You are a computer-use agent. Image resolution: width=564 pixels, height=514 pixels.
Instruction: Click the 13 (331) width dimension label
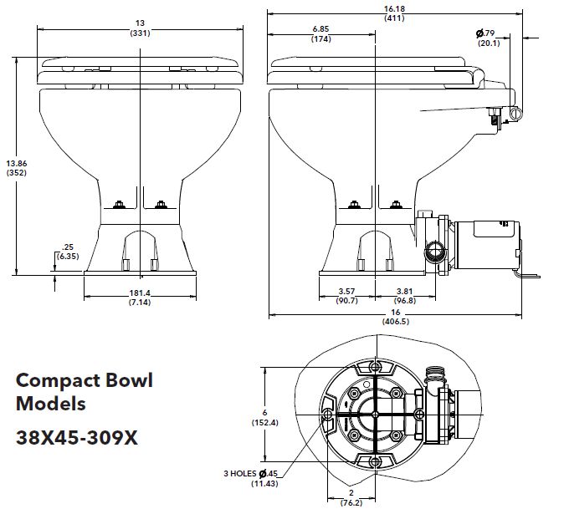point(140,29)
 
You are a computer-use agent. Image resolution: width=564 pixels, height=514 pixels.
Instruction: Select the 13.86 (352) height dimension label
point(16,167)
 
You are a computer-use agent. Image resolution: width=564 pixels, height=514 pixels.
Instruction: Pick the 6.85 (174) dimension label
point(321,34)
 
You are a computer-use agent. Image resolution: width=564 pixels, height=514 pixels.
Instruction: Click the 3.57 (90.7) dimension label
point(346,295)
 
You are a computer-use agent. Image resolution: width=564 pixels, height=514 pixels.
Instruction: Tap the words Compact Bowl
point(85,381)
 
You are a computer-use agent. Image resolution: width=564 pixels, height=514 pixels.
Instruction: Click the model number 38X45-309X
point(77,437)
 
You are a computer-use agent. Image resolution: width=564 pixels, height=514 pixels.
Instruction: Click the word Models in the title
point(51,405)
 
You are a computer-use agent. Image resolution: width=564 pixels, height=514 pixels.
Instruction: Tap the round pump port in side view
point(433,252)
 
